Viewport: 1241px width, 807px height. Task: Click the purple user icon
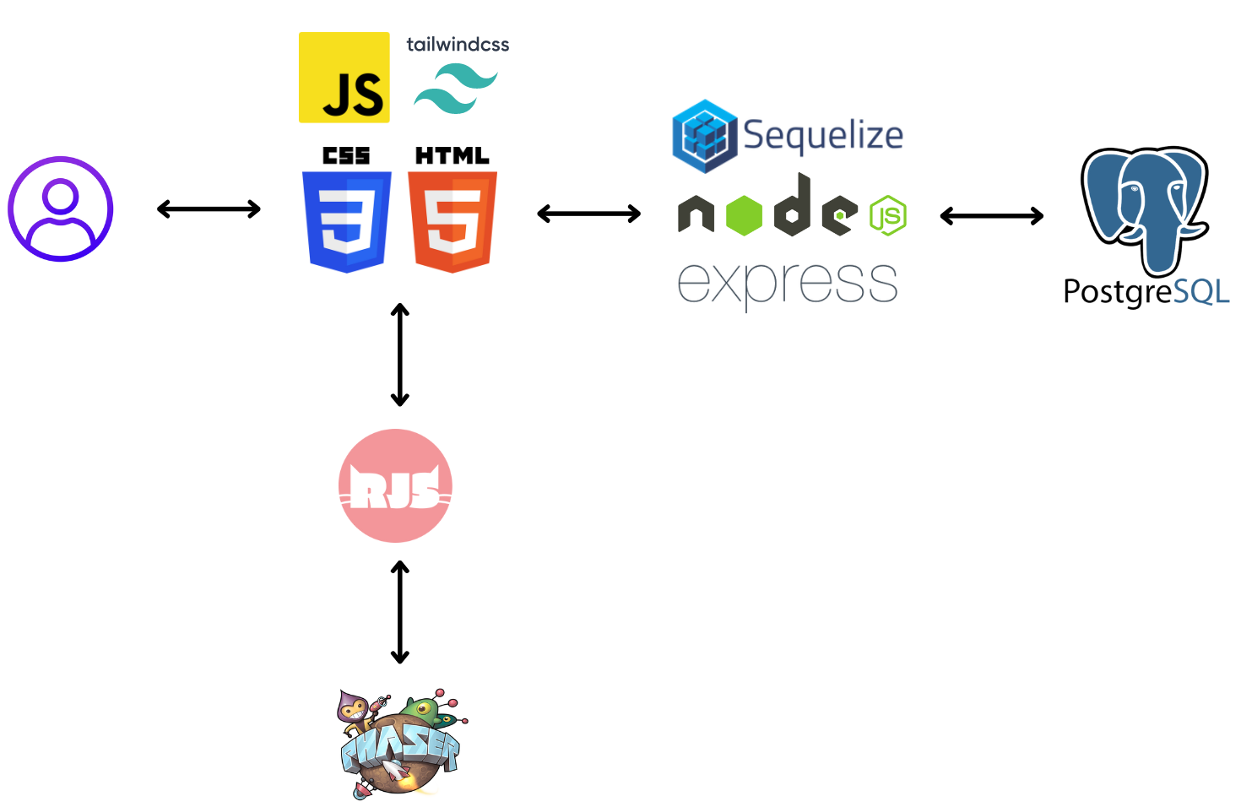pyautogui.click(x=61, y=209)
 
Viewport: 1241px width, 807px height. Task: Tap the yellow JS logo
pyautogui.click(x=344, y=78)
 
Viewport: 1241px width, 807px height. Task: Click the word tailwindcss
pyautogui.click(x=458, y=45)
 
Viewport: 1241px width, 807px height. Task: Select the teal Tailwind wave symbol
pyautogui.click(x=456, y=89)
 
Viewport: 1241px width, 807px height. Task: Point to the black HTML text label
pyautogui.click(x=453, y=155)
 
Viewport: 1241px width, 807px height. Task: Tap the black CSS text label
pyautogui.click(x=347, y=155)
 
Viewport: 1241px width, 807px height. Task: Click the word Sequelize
pyautogui.click(x=823, y=135)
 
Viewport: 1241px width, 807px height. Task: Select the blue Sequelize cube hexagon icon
pyautogui.click(x=705, y=136)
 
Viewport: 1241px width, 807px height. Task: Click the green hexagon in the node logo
pyautogui.click(x=744, y=215)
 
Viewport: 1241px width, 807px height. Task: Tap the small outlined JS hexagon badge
pyautogui.click(x=888, y=215)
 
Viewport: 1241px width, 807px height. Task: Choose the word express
pyautogui.click(x=788, y=283)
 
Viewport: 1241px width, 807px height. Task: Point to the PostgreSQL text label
pyautogui.click(x=1146, y=291)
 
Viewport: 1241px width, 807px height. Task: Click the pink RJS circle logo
pyautogui.click(x=395, y=485)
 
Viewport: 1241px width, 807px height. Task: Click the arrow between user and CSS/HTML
pyautogui.click(x=209, y=209)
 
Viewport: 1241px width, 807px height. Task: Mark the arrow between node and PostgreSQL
pyautogui.click(x=992, y=216)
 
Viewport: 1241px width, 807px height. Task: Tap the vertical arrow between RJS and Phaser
pyautogui.click(x=400, y=612)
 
